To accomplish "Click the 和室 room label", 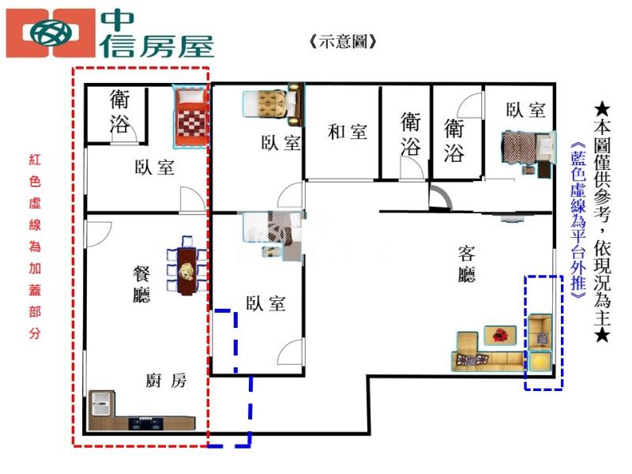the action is tap(348, 132).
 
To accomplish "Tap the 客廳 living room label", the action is tap(466, 264).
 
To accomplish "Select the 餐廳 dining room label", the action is tap(141, 284).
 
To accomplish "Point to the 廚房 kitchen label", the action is tap(166, 380).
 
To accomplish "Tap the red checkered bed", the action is tap(191, 117).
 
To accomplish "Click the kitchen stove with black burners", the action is tap(146, 424).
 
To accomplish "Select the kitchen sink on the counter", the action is tap(100, 404).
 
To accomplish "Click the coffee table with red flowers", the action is tap(500, 335).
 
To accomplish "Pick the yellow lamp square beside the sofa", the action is tap(540, 362).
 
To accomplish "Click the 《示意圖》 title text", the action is tap(343, 41).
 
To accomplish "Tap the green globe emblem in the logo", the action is tap(51, 33).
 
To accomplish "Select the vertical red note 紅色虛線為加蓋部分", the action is tap(35, 246).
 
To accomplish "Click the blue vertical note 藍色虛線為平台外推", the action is tap(578, 220).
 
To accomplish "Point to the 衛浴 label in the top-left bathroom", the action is tap(120, 111).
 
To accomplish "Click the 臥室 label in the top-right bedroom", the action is tap(526, 110).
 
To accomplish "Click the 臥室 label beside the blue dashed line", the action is tap(265, 303).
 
